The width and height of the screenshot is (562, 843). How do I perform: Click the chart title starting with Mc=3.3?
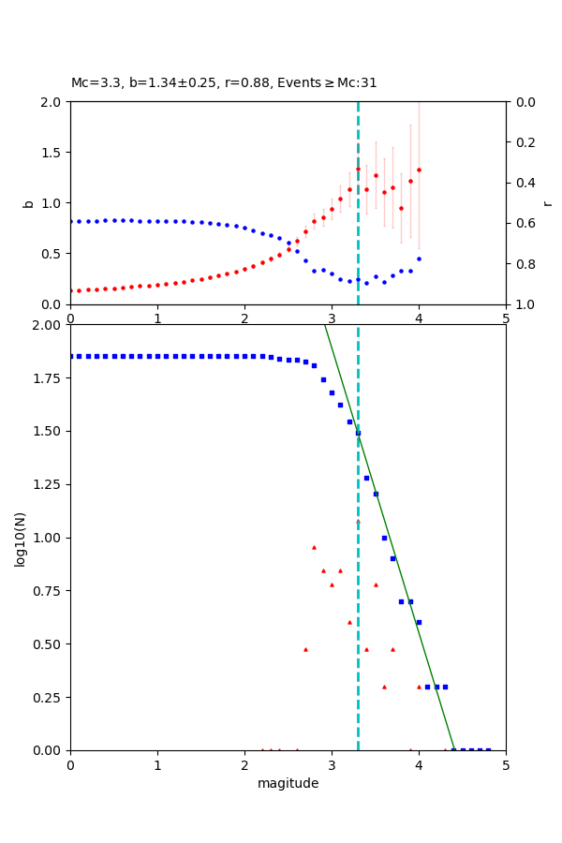(224, 82)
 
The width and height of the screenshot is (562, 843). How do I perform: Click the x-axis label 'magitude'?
(288, 783)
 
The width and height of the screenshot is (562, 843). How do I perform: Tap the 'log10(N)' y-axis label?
(20, 539)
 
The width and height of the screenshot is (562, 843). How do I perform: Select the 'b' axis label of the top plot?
(28, 203)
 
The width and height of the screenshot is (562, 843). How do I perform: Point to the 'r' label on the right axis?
(547, 203)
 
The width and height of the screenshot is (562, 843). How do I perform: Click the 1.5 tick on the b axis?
(52, 153)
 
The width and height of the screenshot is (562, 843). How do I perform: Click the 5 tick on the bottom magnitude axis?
(506, 765)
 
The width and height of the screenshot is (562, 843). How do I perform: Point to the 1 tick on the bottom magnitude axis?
(157, 765)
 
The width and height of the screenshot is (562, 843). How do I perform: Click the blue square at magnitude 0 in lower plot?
(71, 356)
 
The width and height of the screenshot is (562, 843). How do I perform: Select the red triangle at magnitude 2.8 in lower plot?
(314, 547)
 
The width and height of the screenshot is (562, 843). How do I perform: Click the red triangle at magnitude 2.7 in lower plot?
(305, 649)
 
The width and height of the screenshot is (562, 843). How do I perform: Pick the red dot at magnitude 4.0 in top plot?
(419, 170)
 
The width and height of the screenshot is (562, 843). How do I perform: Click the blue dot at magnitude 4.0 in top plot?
(419, 259)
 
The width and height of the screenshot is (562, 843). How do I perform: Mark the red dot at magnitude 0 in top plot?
(71, 290)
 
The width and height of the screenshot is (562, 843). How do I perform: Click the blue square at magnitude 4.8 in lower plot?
(488, 749)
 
